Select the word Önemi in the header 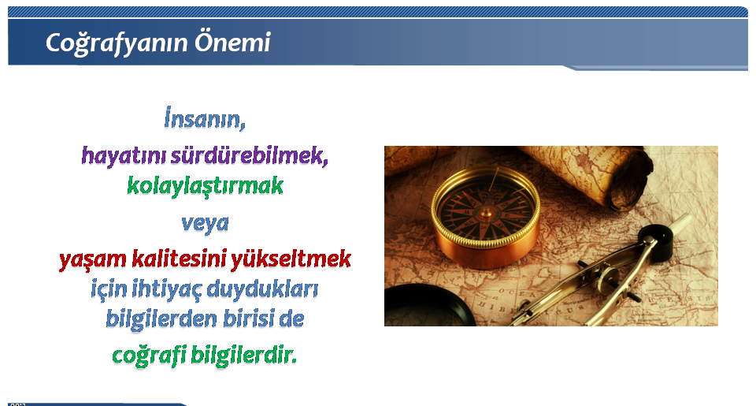(x=232, y=42)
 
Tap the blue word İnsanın (x=205, y=118)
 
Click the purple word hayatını (x=123, y=156)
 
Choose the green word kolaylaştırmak (x=205, y=186)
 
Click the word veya (x=205, y=224)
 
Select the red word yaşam (x=92, y=259)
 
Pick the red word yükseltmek (x=291, y=259)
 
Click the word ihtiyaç (x=167, y=289)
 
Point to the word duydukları (x=263, y=289)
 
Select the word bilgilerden (x=161, y=319)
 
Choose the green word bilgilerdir (x=244, y=355)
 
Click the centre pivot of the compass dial (x=487, y=212)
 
